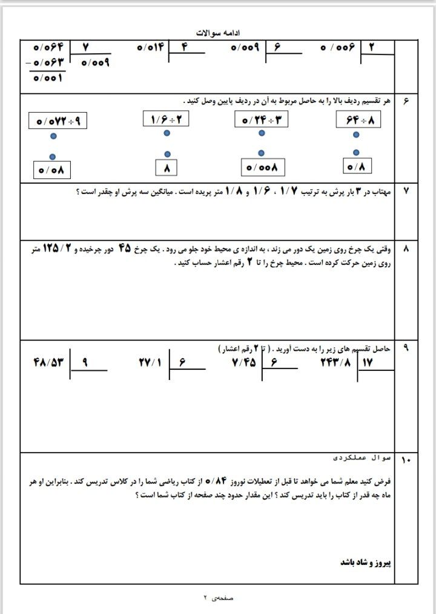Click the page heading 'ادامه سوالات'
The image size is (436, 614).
pos(218,32)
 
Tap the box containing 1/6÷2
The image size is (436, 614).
pos(166,119)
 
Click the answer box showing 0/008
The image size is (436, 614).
pos(262,167)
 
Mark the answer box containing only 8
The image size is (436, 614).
pos(167,165)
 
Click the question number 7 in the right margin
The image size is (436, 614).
pos(406,191)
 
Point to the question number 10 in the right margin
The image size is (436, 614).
pos(406,461)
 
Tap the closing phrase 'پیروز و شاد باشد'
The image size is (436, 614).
pos(366,561)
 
